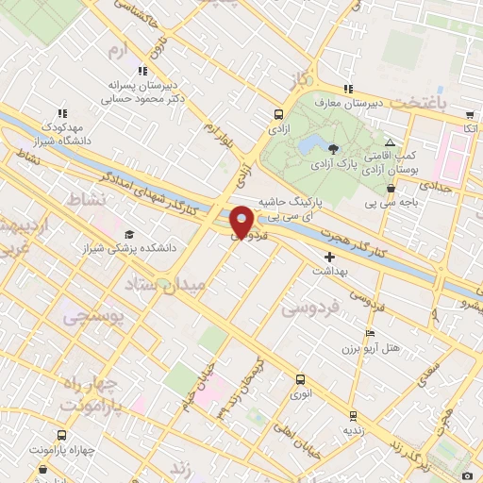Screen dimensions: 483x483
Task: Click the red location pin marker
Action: click(x=242, y=221)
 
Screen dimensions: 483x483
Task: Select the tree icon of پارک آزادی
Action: click(x=332, y=148)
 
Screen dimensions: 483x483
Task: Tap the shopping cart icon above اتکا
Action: click(x=470, y=114)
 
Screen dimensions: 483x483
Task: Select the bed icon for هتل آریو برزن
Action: click(x=371, y=333)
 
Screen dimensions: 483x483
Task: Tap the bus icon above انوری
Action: click(x=300, y=380)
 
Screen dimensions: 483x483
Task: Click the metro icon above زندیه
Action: click(x=352, y=415)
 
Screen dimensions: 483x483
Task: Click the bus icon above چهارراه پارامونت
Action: click(x=61, y=436)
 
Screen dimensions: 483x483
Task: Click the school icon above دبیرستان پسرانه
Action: click(x=142, y=70)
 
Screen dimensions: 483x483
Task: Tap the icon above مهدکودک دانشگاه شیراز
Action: click(x=61, y=113)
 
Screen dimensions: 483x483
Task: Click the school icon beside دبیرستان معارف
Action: click(x=348, y=90)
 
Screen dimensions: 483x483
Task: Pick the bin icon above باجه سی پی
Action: click(x=391, y=188)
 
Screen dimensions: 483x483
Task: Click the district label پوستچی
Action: click(x=92, y=318)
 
